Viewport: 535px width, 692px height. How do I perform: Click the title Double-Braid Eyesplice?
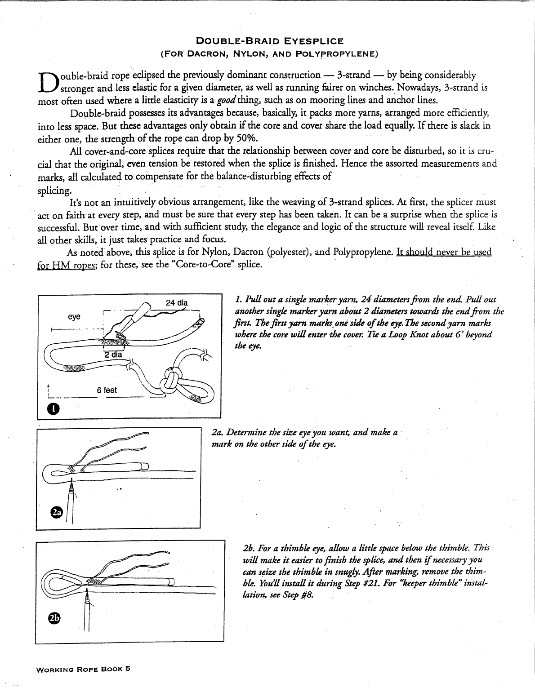pos(270,41)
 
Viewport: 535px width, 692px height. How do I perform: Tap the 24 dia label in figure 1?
pos(177,302)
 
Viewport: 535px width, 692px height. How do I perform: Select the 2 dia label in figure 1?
pos(113,354)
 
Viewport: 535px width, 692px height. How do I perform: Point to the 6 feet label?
pos(107,390)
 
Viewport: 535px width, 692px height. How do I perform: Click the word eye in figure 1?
pos(74,317)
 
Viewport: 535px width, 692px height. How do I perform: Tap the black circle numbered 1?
pos(53,408)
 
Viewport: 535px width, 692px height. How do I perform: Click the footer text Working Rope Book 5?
pos(84,668)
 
